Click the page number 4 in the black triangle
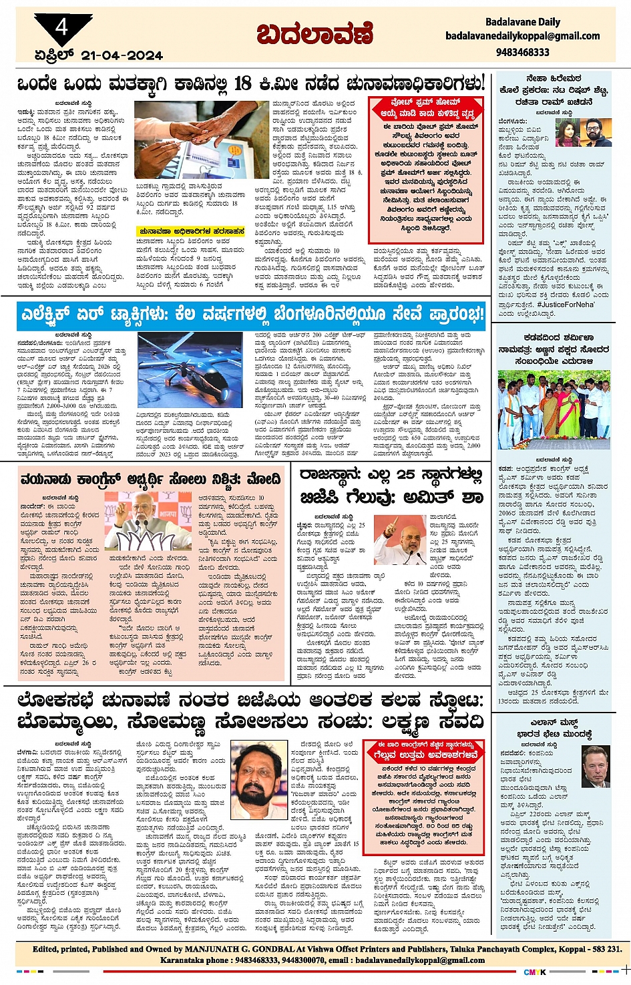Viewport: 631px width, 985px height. [62, 27]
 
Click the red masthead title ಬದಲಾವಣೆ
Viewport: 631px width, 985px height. [314, 33]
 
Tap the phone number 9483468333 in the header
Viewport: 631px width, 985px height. [523, 52]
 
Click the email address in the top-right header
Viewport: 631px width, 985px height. [522, 36]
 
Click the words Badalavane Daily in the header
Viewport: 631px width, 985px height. [522, 22]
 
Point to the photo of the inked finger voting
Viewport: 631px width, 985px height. [201, 139]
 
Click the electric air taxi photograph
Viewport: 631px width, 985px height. [190, 371]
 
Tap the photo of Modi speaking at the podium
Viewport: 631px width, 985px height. [148, 521]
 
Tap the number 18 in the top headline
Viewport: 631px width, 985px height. [243, 83]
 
